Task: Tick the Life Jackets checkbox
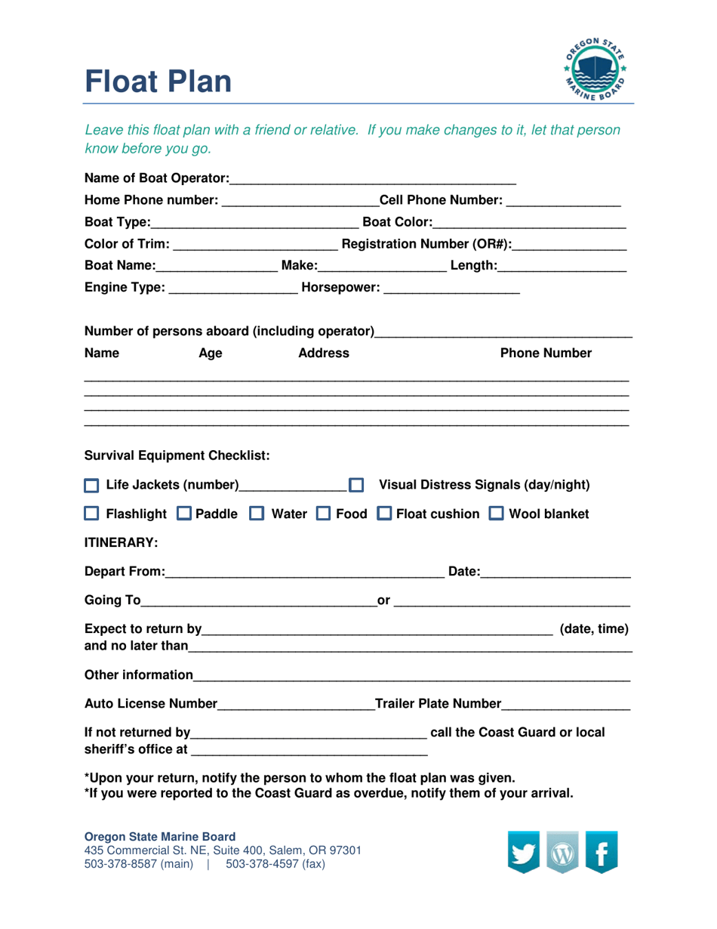click(91, 484)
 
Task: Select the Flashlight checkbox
click(91, 515)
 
